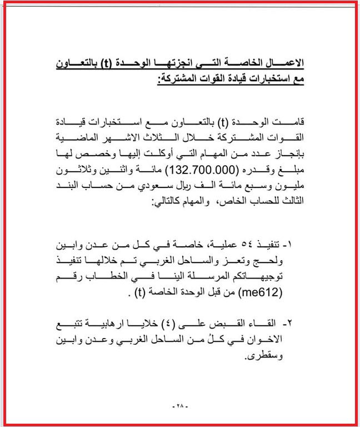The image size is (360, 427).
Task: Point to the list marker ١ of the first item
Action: pyautogui.click(x=298, y=245)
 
